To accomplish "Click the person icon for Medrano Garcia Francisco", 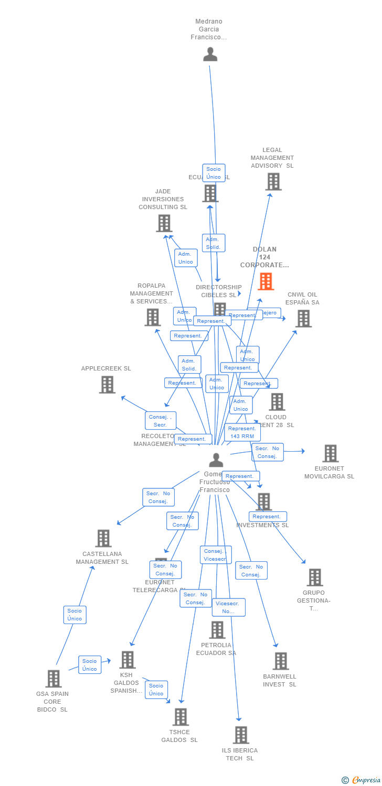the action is point(210,54).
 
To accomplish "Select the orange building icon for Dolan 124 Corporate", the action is point(266,281).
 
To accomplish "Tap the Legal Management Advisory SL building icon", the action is point(273,182).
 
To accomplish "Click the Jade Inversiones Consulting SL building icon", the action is point(164,223).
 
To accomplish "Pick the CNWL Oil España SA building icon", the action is point(303,318).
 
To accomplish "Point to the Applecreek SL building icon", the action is point(107,385).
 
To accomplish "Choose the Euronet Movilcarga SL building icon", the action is point(330,453).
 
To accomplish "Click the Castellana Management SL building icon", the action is point(103,538).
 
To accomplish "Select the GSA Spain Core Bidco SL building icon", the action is point(53,679).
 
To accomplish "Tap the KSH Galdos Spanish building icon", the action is point(128,660).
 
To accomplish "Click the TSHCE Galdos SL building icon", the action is point(180,717).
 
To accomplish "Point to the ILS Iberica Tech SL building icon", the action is point(240,735).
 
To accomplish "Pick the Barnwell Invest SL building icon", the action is point(281,661).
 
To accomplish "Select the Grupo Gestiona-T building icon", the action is point(314,577).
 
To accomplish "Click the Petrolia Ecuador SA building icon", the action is point(217,630).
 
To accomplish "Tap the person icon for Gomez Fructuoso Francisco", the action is point(216,460).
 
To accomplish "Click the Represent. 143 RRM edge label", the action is point(242,432).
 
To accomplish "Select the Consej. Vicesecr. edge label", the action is point(215,555).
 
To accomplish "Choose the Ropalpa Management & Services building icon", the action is point(152,317).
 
